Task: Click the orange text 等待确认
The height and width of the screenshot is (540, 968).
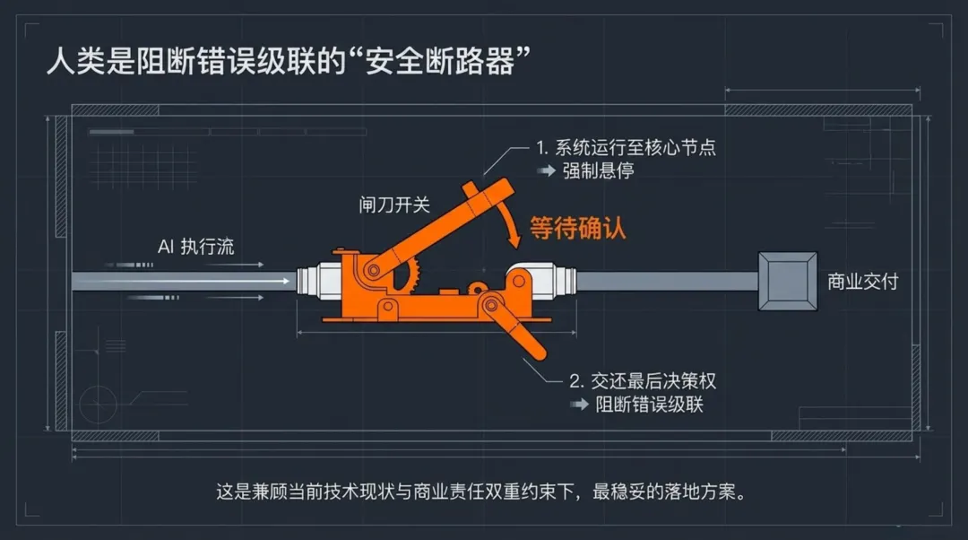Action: pyautogui.click(x=577, y=229)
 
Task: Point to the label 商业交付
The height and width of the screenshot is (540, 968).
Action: pyautogui.click(x=862, y=282)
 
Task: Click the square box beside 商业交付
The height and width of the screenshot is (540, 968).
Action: pyautogui.click(x=787, y=281)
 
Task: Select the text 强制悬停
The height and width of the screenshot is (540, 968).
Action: pyautogui.click(x=598, y=170)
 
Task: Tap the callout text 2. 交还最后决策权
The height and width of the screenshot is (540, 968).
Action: pyautogui.click(x=643, y=381)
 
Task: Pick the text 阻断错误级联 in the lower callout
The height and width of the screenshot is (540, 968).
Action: pyautogui.click(x=650, y=404)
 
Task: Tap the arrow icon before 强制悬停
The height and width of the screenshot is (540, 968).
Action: pyautogui.click(x=546, y=171)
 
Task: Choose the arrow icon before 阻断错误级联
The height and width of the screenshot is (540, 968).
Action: pyautogui.click(x=580, y=405)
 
